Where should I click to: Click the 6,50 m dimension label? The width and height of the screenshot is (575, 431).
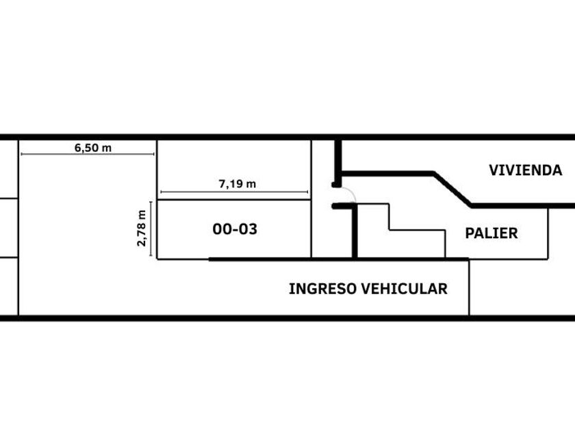click(x=93, y=147)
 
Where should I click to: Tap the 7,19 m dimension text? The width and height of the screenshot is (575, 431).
click(x=237, y=183)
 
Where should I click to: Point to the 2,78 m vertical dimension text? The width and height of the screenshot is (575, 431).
click(x=142, y=227)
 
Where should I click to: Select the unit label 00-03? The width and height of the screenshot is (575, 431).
click(x=235, y=229)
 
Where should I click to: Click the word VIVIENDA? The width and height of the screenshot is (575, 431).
click(x=525, y=170)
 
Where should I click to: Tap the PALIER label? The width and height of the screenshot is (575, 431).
click(x=491, y=233)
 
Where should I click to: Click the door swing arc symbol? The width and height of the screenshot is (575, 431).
click(x=350, y=194)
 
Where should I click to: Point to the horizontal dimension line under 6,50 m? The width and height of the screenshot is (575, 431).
click(x=88, y=155)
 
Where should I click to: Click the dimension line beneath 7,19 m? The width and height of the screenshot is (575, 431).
click(x=233, y=192)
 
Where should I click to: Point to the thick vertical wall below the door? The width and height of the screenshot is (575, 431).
click(x=355, y=233)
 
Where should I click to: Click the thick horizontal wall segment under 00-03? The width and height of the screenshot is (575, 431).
click(x=274, y=259)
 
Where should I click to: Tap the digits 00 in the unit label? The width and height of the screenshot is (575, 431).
click(x=222, y=229)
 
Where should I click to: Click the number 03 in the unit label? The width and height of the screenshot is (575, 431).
click(x=248, y=229)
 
